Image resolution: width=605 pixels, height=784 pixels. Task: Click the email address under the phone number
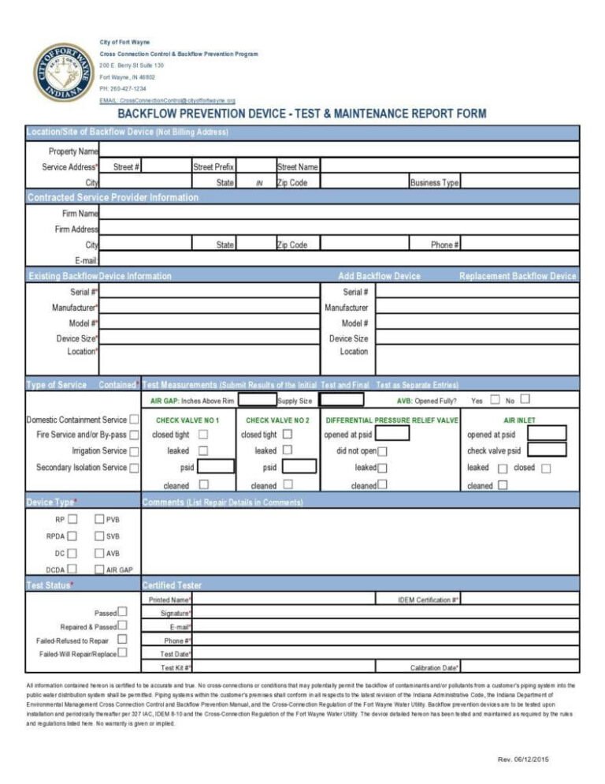(x=177, y=101)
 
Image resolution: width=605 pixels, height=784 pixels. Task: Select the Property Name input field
(x=339, y=151)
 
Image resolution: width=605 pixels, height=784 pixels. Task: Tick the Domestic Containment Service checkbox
(x=135, y=420)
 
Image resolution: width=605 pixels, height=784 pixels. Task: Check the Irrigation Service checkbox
(x=135, y=451)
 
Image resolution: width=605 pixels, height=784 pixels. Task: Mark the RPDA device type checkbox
(x=72, y=536)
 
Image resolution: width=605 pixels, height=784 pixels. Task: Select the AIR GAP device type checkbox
(x=99, y=569)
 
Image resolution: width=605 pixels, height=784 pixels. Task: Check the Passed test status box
(x=122, y=612)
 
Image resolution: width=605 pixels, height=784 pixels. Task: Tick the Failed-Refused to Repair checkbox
(x=122, y=640)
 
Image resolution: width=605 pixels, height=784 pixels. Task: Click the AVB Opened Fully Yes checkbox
(x=495, y=400)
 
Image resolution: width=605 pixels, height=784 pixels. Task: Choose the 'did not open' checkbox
(x=382, y=451)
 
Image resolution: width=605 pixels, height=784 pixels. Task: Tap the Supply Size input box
(x=341, y=401)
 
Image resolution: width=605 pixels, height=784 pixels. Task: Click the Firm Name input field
(x=339, y=213)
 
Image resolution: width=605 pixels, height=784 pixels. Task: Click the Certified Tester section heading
(x=172, y=585)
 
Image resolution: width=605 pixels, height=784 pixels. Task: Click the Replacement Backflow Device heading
(x=517, y=276)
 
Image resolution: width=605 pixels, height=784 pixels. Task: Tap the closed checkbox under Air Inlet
(x=546, y=468)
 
